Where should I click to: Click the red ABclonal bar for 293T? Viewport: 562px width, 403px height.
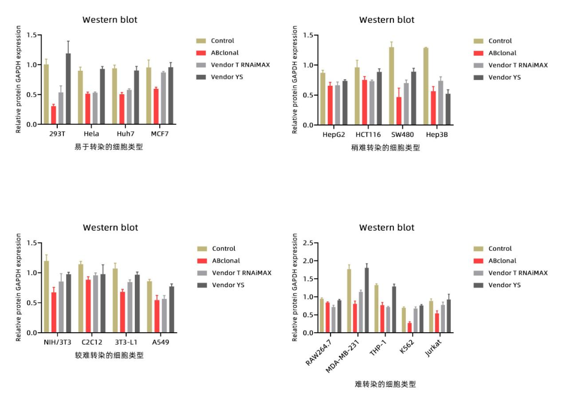pyautogui.click(x=54, y=115)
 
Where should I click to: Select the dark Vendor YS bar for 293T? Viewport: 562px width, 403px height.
pyautogui.click(x=68, y=89)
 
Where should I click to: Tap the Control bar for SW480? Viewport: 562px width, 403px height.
pyautogui.click(x=391, y=86)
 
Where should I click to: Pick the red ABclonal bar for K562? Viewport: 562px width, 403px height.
pyautogui.click(x=410, y=328)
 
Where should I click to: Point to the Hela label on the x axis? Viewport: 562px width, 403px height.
pyautogui.click(x=92, y=134)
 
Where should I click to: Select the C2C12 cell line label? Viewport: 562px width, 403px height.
pyautogui.click(x=92, y=342)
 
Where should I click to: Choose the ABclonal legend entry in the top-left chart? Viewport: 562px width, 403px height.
pyautogui.click(x=225, y=53)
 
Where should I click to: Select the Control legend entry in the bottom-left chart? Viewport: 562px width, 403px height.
pyautogui.click(x=223, y=249)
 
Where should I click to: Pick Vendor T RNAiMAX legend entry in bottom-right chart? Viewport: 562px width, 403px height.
pyautogui.click(x=518, y=273)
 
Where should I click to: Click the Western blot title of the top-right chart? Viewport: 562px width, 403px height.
pyautogui.click(x=387, y=20)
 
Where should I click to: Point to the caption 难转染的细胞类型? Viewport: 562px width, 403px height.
pyautogui.click(x=385, y=384)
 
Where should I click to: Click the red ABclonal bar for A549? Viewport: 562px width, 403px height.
pyautogui.click(x=157, y=316)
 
